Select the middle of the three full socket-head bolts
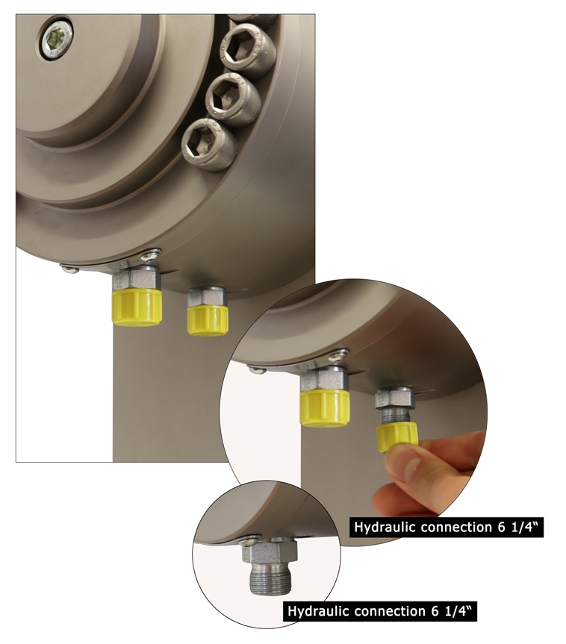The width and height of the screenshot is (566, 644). (233, 99)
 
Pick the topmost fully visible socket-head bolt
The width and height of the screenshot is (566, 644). (247, 51)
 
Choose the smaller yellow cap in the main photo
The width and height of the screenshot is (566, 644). (207, 319)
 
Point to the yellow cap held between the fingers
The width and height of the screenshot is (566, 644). (397, 438)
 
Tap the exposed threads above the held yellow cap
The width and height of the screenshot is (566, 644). (396, 416)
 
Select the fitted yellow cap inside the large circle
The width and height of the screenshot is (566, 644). (325, 409)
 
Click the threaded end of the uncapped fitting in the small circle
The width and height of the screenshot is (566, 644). (271, 578)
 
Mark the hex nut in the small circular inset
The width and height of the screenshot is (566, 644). (270, 551)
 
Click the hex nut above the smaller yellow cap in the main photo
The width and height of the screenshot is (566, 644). (207, 296)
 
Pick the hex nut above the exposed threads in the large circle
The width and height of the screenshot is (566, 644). (396, 398)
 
